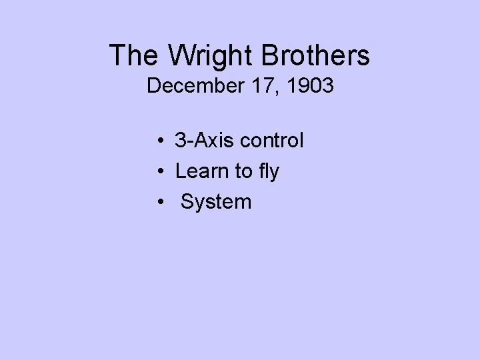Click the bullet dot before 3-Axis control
coord(162,141)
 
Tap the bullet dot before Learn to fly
coord(162,172)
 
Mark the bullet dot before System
coord(162,202)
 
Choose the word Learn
coord(198,171)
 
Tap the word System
coord(216,202)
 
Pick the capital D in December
coord(154,86)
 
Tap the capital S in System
coord(187,201)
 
